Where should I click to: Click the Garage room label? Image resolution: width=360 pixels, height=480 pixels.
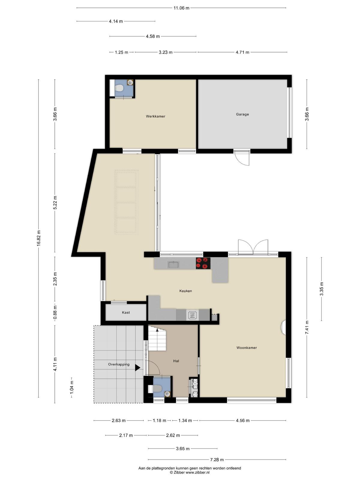pyautogui.click(x=242, y=114)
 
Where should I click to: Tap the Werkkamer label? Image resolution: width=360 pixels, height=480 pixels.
pyautogui.click(x=155, y=116)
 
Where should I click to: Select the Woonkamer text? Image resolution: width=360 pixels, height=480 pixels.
pyautogui.click(x=247, y=347)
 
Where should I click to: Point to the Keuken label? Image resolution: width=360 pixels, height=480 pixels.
pyautogui.click(x=186, y=291)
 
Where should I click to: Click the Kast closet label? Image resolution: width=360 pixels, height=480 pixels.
pyautogui.click(x=126, y=313)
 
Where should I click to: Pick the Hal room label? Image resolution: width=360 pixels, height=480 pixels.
pyautogui.click(x=176, y=361)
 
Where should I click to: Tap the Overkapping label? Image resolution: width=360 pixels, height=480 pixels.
pyautogui.click(x=119, y=364)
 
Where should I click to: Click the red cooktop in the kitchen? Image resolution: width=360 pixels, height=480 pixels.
pyautogui.click(x=203, y=263)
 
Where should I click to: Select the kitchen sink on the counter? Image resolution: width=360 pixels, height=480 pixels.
pyautogui.click(x=173, y=265)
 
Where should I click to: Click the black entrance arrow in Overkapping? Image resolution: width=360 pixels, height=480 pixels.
pyautogui.click(x=137, y=367)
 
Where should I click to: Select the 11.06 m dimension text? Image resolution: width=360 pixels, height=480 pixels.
pyautogui.click(x=181, y=8)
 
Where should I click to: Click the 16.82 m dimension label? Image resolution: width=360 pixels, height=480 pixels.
pyautogui.click(x=39, y=238)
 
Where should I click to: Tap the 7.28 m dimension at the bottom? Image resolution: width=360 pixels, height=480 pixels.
pyautogui.click(x=217, y=460)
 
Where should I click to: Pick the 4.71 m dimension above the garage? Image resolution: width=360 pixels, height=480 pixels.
pyautogui.click(x=242, y=52)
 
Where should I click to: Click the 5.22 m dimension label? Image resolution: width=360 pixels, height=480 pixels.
pyautogui.click(x=55, y=202)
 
